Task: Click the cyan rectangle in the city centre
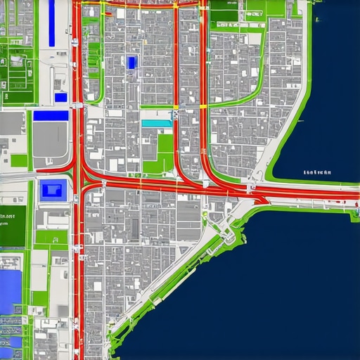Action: [x=156, y=123]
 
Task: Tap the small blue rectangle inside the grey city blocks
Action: [x=131, y=63]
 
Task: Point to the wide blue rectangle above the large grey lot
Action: [x=51, y=115]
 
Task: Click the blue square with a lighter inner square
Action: [x=53, y=189]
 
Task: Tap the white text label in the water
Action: [x=317, y=172]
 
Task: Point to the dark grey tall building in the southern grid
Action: [x=136, y=226]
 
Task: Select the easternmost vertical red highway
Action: [x=203, y=84]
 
